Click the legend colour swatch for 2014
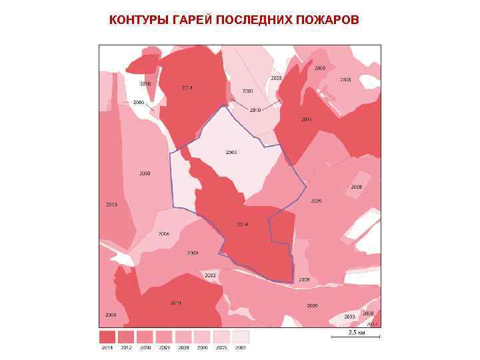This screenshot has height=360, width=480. point(107,337)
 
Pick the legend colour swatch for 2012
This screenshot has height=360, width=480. point(126,337)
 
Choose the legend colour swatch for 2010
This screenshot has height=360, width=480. point(145,337)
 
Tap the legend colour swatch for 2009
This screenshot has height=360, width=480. point(164,337)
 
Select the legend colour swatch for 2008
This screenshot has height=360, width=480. point(183,337)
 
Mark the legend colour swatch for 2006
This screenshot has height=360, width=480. point(203,337)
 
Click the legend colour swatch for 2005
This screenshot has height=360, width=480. point(221,337)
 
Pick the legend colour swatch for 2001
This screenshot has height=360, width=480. point(241,337)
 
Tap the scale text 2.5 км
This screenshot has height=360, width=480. point(356,332)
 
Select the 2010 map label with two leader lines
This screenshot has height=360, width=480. point(255,109)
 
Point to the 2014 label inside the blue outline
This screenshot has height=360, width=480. point(242,224)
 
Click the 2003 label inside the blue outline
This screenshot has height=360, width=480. point(231,153)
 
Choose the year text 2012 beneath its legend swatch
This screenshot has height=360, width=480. point(126,347)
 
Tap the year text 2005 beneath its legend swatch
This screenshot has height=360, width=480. point(221,347)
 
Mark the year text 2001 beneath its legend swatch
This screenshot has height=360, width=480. point(241,347)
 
